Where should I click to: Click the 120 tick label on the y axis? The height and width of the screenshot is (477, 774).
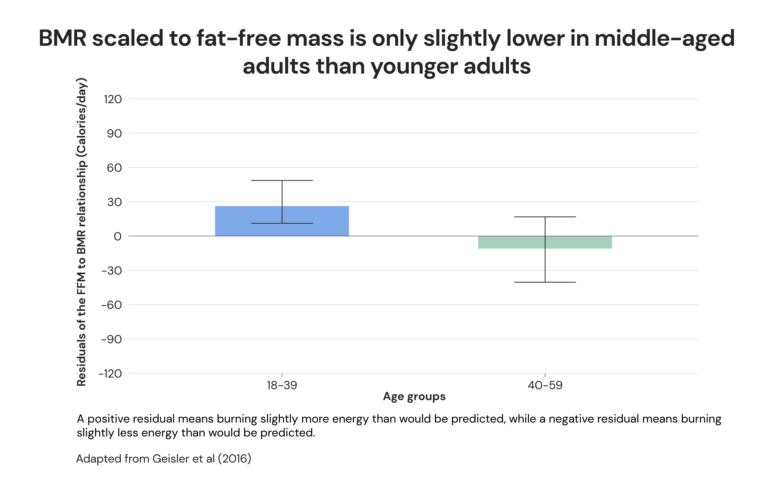click(113, 99)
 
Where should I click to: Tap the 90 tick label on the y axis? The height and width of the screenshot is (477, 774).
click(114, 134)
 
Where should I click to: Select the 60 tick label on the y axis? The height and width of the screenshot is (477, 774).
click(114, 168)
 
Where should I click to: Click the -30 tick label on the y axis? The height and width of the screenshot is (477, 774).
click(111, 271)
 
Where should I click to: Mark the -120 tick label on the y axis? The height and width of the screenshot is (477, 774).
click(110, 374)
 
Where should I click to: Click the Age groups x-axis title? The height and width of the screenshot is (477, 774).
click(414, 397)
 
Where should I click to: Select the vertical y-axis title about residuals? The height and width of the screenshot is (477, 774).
click(81, 232)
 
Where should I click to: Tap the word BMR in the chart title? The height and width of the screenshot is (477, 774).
click(63, 38)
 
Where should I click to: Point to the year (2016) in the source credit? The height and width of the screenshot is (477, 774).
click(234, 459)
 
